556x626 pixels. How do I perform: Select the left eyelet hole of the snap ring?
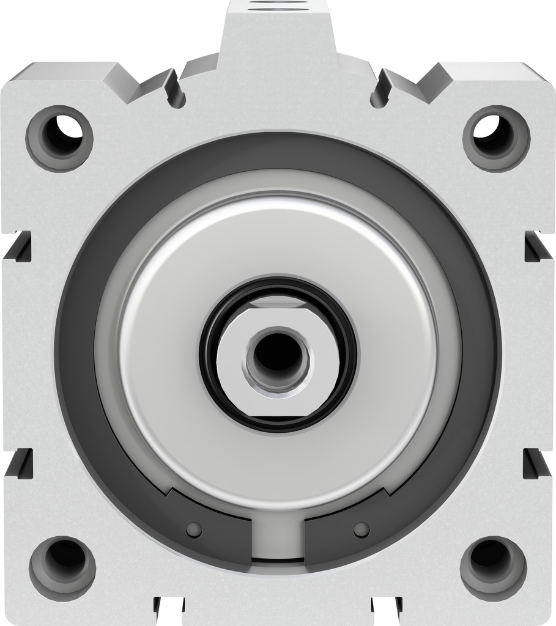click(x=194, y=529)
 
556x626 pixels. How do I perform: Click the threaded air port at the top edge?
click(x=278, y=4)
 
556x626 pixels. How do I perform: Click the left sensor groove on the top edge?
click(x=175, y=89)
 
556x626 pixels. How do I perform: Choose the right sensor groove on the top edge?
click(x=380, y=89)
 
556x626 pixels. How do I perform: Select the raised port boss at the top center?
click(x=278, y=37)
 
